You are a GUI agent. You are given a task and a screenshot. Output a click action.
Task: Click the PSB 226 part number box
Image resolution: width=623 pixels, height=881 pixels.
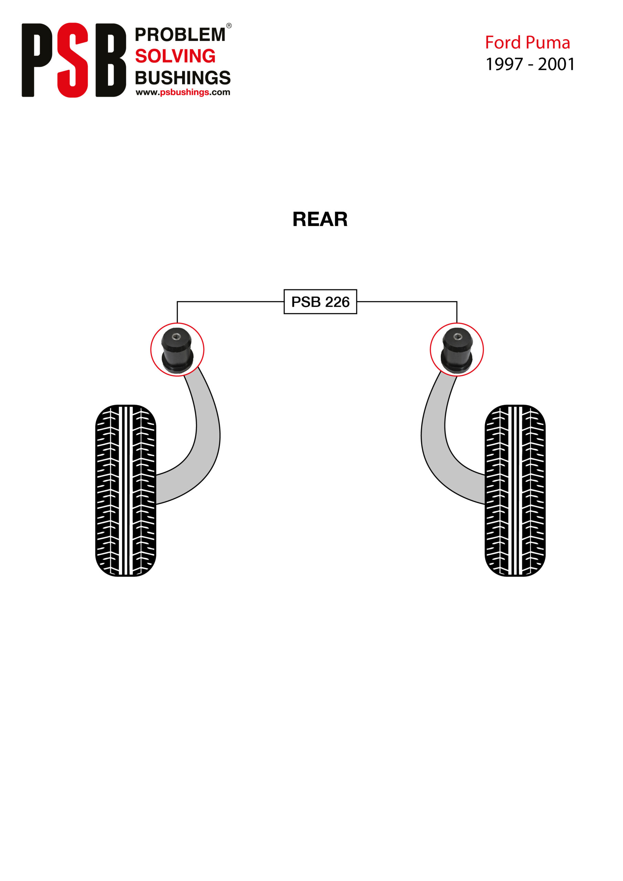pos(320,301)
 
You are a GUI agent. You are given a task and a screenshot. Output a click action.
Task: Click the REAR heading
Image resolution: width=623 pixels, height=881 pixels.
pos(320,219)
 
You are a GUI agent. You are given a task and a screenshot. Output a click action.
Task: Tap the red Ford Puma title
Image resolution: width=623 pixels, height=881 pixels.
pos(527,43)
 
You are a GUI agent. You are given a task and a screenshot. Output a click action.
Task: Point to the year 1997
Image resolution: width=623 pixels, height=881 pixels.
pos(504,64)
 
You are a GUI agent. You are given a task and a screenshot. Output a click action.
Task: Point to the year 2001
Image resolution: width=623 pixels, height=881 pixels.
pos(556,64)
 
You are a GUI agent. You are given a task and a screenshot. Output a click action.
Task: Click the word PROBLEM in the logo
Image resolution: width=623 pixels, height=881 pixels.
pos(180,34)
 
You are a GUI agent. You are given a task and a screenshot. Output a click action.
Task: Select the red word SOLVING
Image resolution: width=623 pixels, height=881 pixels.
pos(175,56)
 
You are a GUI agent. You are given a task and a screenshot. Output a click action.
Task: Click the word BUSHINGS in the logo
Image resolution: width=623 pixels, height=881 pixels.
pos(183,77)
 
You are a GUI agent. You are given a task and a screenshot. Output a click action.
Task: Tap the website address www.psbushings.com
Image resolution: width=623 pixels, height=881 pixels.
pos(183,92)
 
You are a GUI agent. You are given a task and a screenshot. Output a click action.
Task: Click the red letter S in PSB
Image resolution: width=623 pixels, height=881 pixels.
pos(73,60)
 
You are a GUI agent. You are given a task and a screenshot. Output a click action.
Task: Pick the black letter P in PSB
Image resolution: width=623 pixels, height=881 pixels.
pos(37,60)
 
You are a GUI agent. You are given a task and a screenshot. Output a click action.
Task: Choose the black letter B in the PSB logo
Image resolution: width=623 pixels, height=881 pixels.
pos(110,60)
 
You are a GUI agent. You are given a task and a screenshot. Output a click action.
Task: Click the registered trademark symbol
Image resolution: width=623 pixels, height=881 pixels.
pos(229,26)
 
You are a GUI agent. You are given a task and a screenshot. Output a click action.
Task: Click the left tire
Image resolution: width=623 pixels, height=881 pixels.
pos(126,490)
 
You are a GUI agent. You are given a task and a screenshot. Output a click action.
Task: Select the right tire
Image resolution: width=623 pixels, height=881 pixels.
pos(515,490)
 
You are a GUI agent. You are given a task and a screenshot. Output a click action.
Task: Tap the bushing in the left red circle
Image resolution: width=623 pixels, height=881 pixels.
pos(177,350)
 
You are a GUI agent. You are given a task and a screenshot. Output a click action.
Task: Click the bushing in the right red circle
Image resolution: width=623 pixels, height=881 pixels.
pos(456,350)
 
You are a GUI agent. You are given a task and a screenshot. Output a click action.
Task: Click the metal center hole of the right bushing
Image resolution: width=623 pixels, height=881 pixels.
pos(457,337)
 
